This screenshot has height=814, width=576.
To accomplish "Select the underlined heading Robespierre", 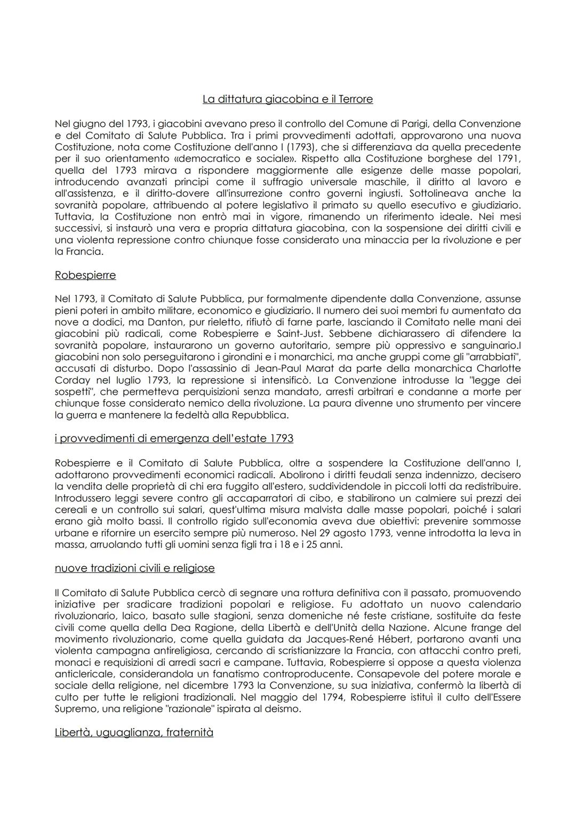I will (x=85, y=275).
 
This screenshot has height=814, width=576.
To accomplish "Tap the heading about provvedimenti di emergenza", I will (x=174, y=438).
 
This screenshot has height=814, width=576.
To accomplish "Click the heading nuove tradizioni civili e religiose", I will (x=134, y=568).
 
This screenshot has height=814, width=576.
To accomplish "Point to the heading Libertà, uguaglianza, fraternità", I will (x=134, y=732).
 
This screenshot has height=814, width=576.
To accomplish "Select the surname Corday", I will (x=73, y=380).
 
